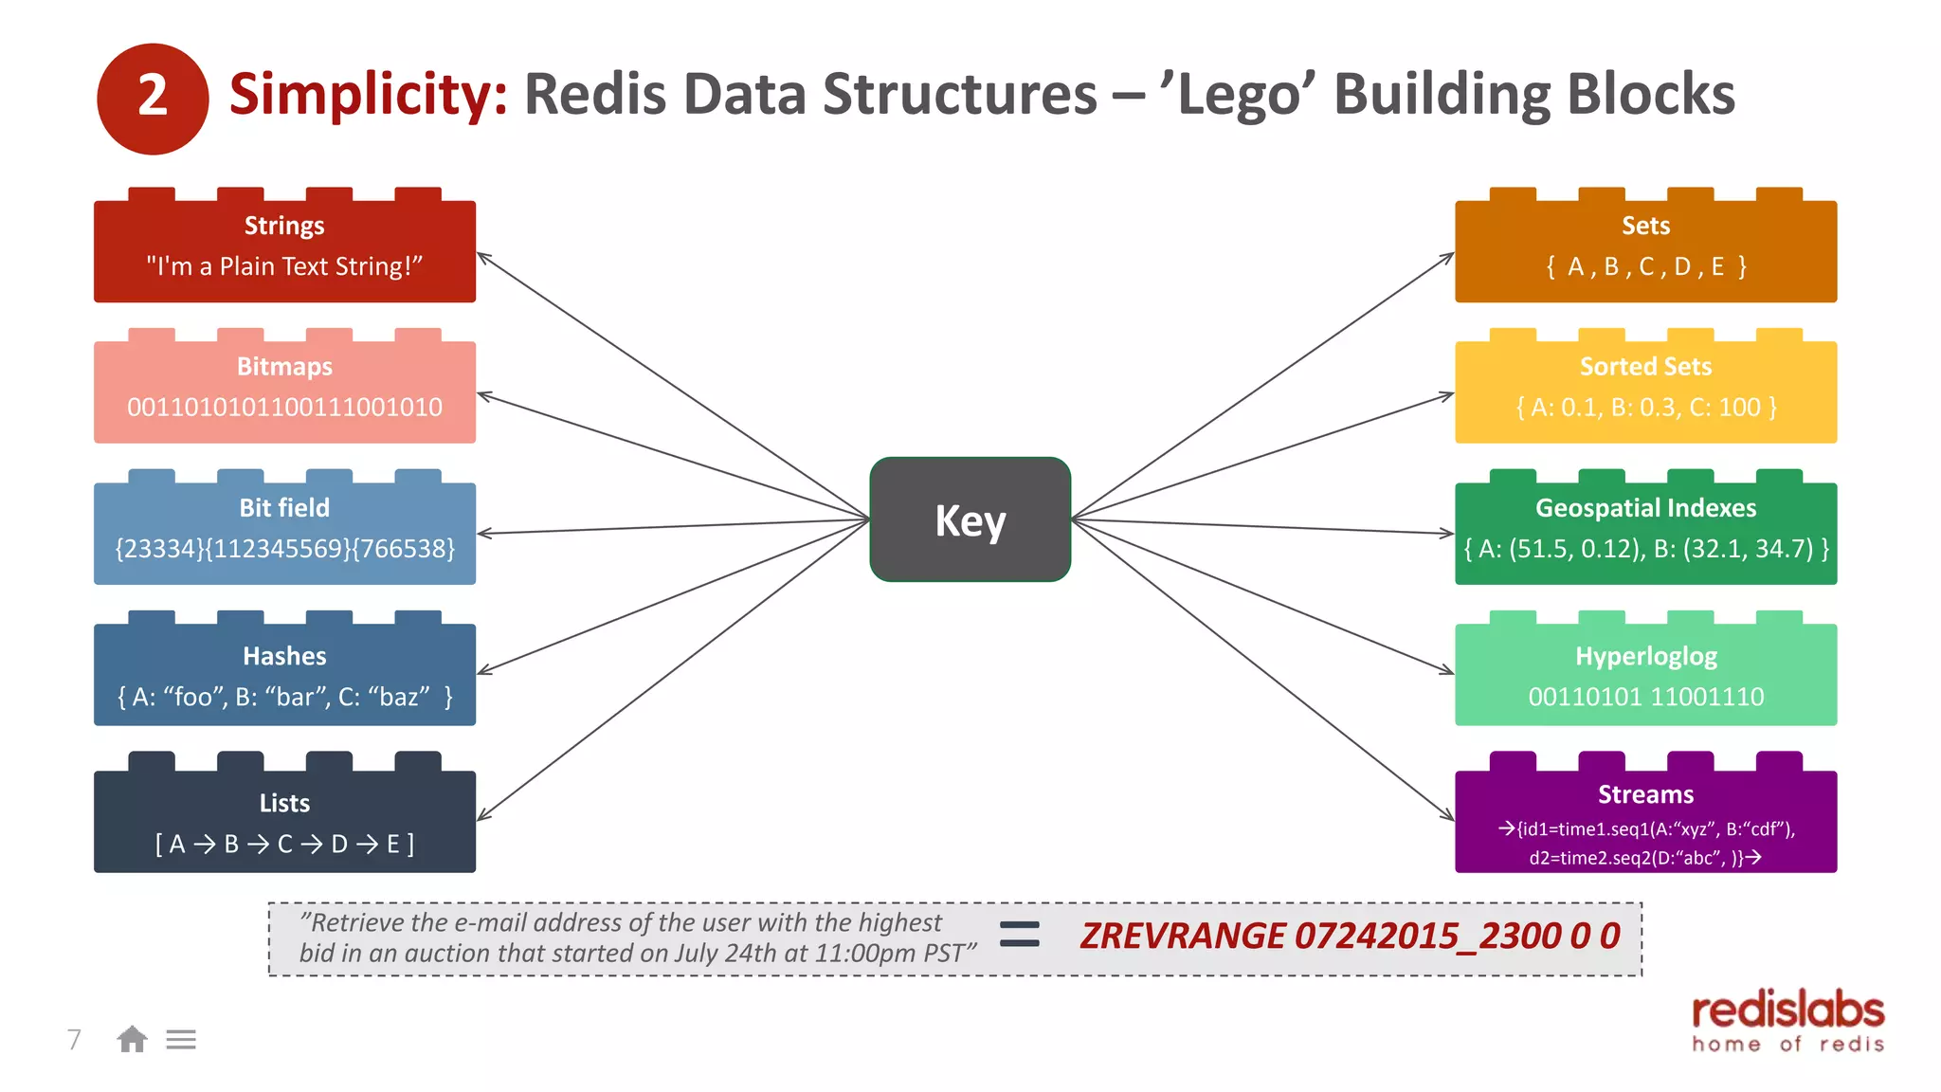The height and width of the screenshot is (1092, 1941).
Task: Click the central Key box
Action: pos(970,519)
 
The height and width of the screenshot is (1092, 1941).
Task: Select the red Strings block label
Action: pos(284,226)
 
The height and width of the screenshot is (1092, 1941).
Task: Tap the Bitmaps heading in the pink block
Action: pos(284,367)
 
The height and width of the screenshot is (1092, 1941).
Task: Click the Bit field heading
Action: pos(284,508)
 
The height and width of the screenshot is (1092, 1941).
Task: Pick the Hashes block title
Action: pos(284,656)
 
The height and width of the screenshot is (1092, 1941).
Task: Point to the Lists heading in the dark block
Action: pos(284,803)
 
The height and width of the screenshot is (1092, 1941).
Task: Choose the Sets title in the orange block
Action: pos(1645,226)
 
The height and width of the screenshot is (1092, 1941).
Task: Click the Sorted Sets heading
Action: pos(1645,367)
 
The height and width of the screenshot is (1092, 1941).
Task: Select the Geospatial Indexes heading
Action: pos(1645,508)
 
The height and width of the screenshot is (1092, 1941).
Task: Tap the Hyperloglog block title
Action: pos(1645,656)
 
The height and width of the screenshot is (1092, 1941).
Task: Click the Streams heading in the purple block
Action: pos(1645,794)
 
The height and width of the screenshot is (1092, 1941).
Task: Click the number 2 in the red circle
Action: pos(153,97)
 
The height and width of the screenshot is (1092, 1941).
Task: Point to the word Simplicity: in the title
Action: pos(369,95)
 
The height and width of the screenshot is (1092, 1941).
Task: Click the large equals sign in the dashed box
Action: pos(1020,935)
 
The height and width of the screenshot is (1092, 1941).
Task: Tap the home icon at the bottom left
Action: pos(132,1040)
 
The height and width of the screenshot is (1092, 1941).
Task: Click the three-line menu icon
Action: pos(181,1040)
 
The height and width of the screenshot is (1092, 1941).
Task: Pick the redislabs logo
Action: pos(1787,1021)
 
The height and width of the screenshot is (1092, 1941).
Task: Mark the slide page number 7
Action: pos(74,1040)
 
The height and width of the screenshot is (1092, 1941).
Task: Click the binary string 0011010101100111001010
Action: pos(284,408)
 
